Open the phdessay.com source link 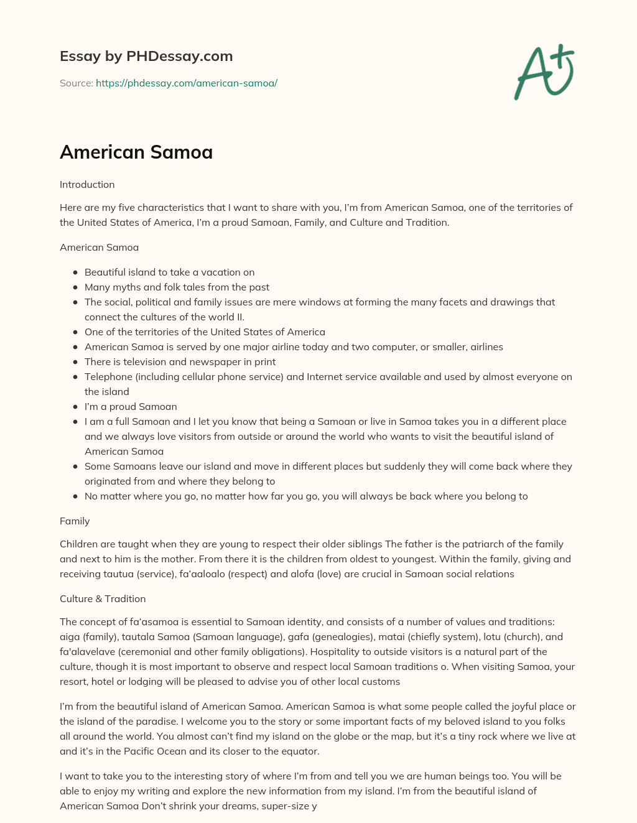186,83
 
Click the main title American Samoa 136,152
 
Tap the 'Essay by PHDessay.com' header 146,56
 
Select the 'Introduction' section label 87,184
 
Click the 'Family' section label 75,521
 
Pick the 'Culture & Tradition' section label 103,598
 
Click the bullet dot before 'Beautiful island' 75,272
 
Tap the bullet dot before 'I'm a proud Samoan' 75,407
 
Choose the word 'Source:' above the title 77,83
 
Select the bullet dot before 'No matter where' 75,496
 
